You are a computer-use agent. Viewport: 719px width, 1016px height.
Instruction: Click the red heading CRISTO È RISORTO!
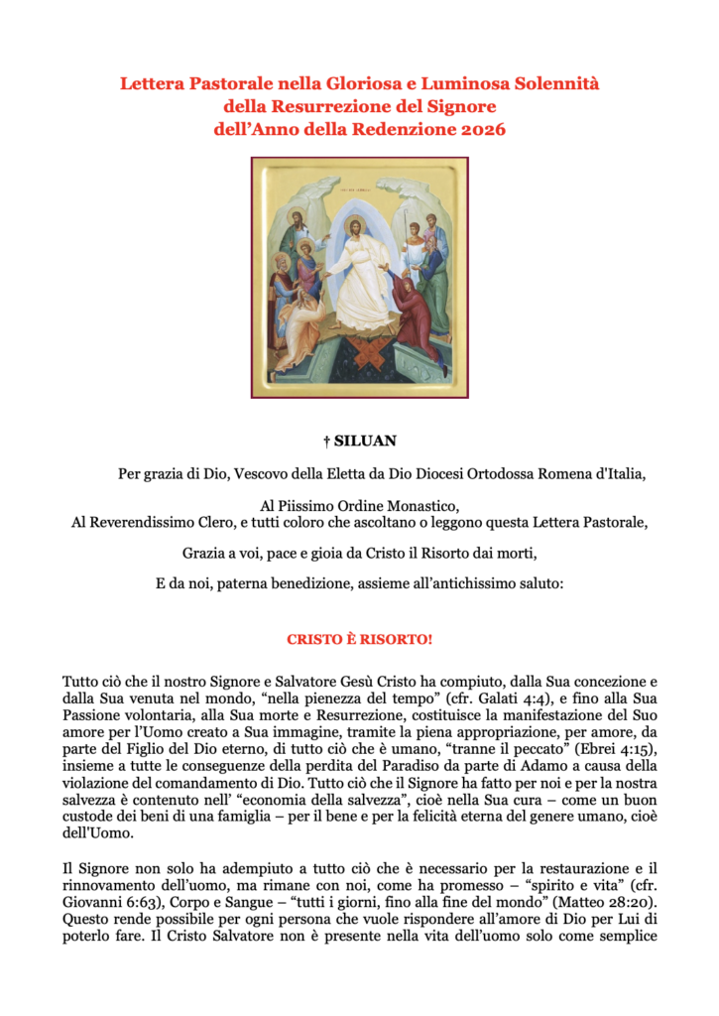(359, 639)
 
